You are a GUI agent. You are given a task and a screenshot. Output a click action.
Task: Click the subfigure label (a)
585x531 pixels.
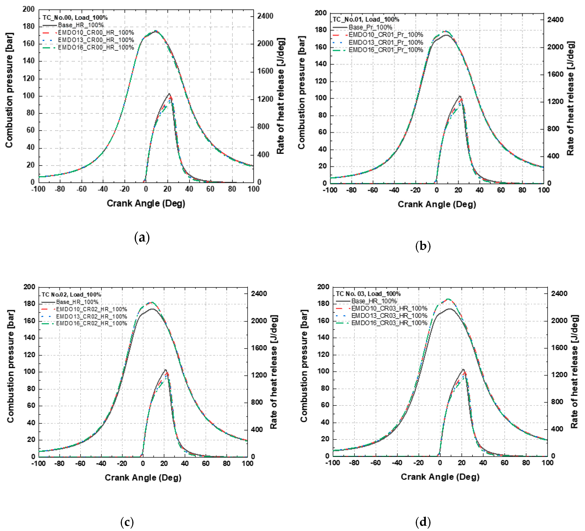[x=142, y=238]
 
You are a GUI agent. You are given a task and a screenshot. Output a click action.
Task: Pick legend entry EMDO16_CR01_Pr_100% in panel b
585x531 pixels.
[x=386, y=50]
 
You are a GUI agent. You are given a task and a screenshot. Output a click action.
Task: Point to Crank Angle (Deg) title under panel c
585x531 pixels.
[x=143, y=478]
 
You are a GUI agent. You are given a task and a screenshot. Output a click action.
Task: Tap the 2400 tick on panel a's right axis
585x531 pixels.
[x=265, y=16]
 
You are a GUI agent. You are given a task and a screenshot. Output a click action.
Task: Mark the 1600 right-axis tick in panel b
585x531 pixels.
[x=555, y=74]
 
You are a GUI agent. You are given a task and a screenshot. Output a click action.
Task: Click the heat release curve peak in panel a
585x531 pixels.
[x=169, y=94]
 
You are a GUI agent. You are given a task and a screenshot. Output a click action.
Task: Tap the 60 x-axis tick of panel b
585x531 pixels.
[x=501, y=190]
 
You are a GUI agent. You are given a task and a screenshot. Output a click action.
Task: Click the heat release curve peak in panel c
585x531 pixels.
[x=165, y=370]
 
